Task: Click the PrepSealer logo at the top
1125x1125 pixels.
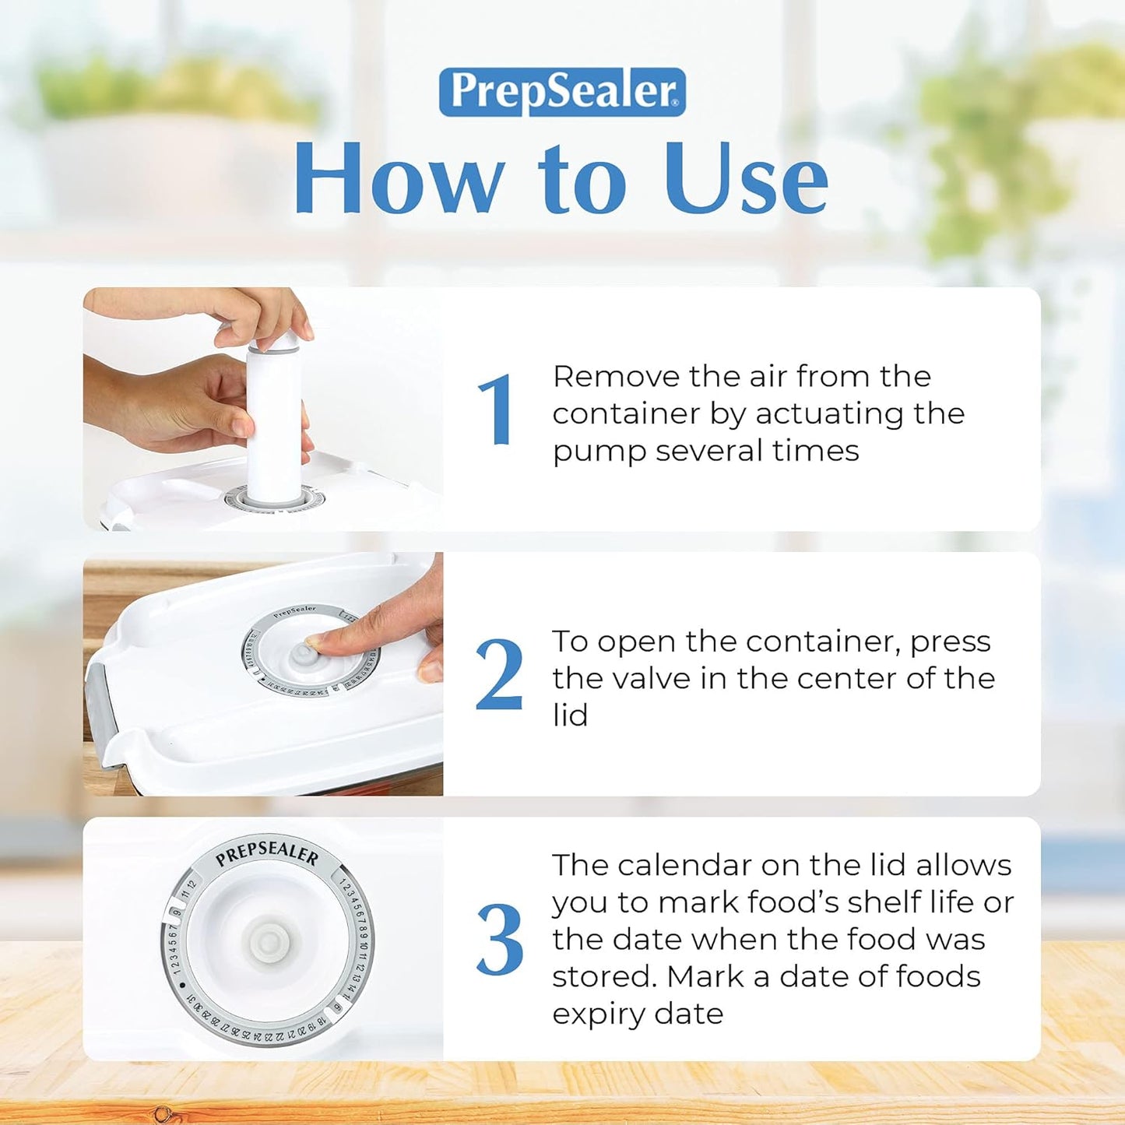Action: coord(562,92)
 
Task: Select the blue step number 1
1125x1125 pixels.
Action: coord(496,410)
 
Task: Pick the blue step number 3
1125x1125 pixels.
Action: coord(499,940)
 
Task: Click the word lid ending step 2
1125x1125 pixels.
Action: coord(570,715)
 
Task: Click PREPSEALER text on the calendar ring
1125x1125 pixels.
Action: coord(267,853)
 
